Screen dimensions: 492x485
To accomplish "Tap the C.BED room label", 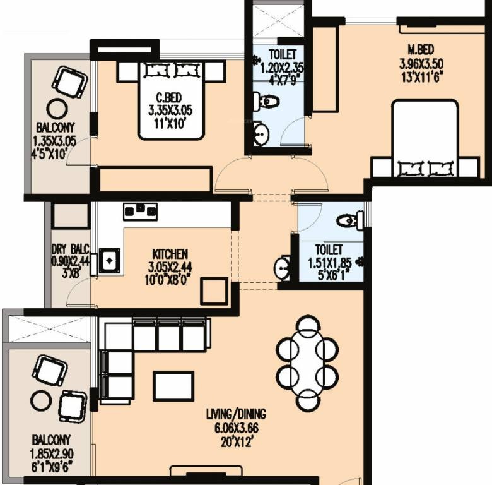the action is (169, 98).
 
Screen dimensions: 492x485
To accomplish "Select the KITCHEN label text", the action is (170, 254).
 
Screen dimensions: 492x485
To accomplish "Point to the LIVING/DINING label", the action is (236, 414).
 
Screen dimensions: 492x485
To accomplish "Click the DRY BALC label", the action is (71, 249).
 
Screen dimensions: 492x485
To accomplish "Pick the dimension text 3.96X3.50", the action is (421, 64).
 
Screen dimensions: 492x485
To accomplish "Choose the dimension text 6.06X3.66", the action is (237, 428).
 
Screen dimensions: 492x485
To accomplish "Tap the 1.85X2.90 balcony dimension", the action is (52, 454).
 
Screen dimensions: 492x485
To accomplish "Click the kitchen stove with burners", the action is (140, 212).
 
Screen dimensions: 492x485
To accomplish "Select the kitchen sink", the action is (110, 260).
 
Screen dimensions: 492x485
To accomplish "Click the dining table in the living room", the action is (308, 363).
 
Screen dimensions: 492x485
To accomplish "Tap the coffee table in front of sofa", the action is (173, 386).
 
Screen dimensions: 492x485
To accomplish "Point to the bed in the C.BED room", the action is (172, 100).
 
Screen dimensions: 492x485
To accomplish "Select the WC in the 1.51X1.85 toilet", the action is (350, 220).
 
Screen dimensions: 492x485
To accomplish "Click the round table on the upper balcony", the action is (57, 109).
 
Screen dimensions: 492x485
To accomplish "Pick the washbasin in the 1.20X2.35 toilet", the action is (261, 134).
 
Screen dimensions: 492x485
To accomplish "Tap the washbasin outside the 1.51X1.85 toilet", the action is (282, 268).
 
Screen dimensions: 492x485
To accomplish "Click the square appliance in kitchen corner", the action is (214, 291).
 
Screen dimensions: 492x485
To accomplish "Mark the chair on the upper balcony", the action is (69, 82).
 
